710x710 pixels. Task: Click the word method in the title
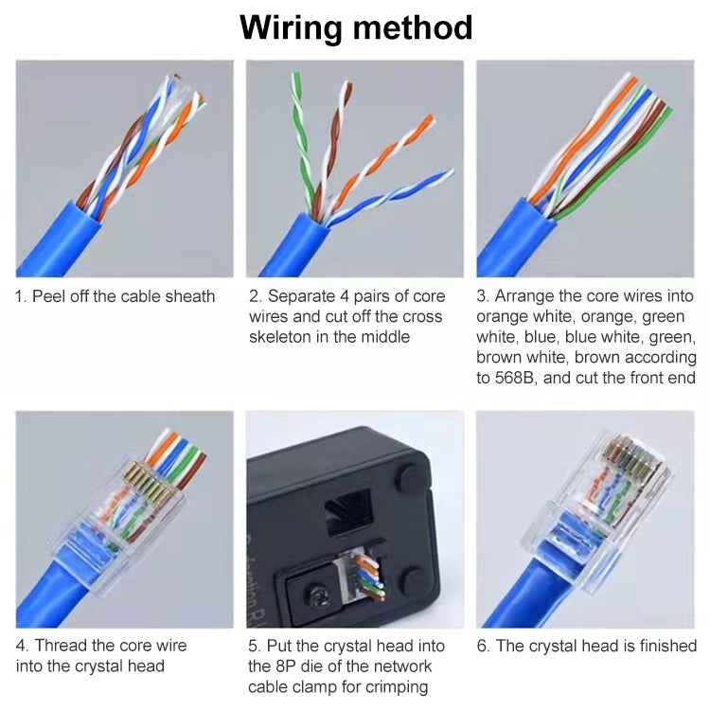pos(413,27)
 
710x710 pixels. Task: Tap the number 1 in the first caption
pos(19,296)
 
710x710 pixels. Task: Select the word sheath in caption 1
pos(189,296)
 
